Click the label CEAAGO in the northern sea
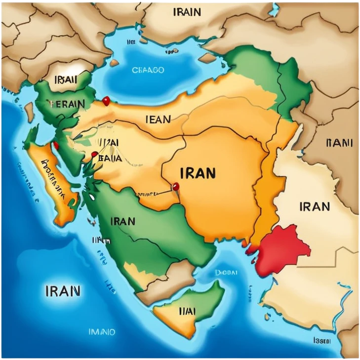(x=148, y=70)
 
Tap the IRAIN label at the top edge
(x=187, y=12)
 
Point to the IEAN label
(x=158, y=119)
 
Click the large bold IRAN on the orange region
(x=198, y=173)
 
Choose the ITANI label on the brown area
(x=340, y=143)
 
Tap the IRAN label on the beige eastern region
(x=315, y=206)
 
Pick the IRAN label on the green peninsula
(x=123, y=221)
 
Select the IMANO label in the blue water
(x=101, y=332)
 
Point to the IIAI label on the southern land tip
(x=187, y=311)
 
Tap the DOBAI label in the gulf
(x=226, y=272)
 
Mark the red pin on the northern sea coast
(x=105, y=101)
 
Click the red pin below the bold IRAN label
(x=175, y=186)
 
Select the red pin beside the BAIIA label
(x=94, y=154)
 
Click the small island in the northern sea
(x=114, y=63)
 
